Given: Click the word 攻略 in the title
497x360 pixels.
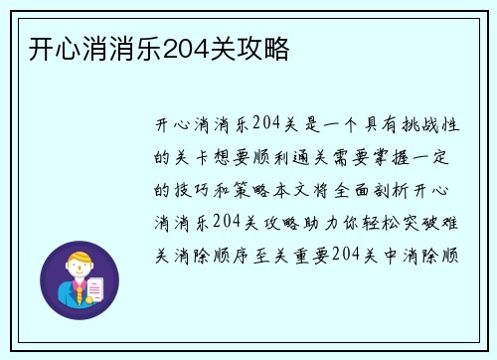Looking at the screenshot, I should click(x=268, y=48).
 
